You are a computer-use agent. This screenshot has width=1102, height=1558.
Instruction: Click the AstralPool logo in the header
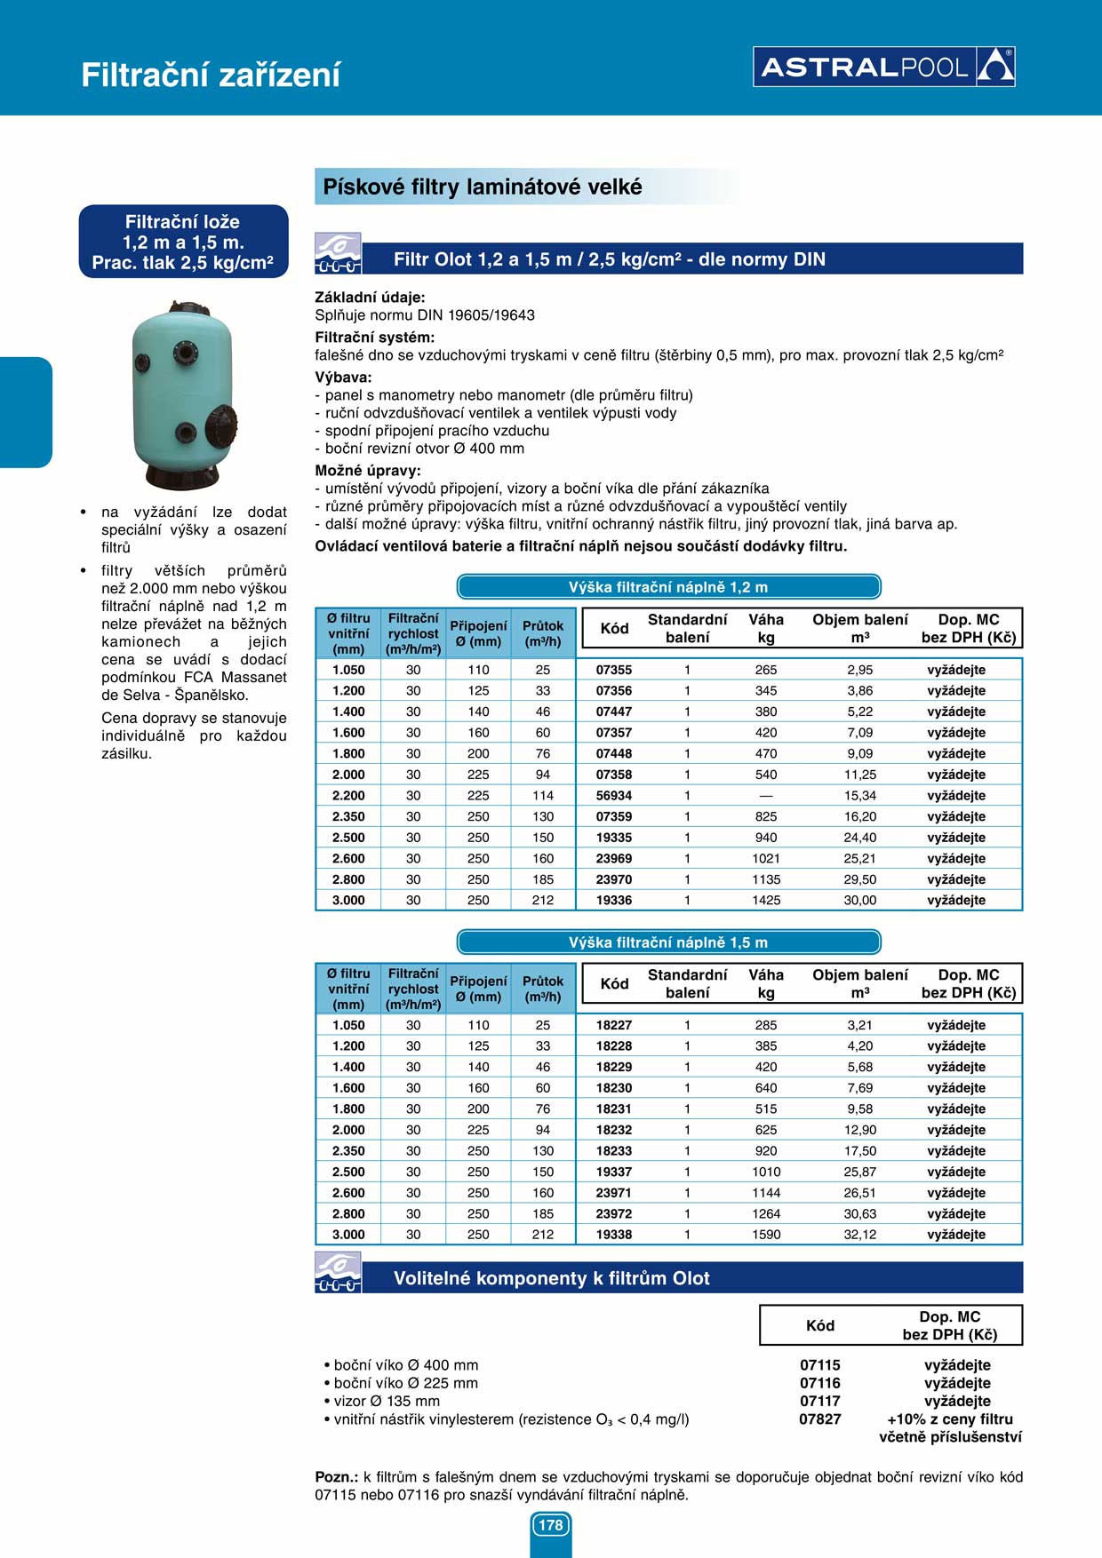click(x=883, y=67)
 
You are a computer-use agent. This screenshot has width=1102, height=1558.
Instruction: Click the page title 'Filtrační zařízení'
click(x=211, y=75)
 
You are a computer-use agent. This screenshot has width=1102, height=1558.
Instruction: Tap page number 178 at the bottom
click(x=551, y=1525)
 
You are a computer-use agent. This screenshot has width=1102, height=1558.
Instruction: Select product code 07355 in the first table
click(x=613, y=670)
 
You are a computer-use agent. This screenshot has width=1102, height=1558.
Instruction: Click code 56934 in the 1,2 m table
click(x=613, y=796)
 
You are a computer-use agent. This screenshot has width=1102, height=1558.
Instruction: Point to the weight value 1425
click(x=766, y=901)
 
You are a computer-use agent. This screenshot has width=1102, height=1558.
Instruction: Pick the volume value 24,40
click(x=859, y=838)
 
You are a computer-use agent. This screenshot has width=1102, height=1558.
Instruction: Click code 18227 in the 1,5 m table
click(x=613, y=1025)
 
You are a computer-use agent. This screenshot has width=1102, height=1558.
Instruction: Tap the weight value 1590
click(x=766, y=1235)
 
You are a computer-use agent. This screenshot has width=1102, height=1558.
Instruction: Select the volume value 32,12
click(x=859, y=1235)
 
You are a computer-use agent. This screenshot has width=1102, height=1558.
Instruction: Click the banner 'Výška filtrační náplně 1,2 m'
click(x=668, y=587)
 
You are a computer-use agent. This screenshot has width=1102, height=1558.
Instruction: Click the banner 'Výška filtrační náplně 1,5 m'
click(x=668, y=942)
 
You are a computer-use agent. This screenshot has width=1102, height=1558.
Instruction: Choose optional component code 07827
click(x=819, y=1419)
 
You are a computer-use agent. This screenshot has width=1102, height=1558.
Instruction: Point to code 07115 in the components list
click(x=819, y=1365)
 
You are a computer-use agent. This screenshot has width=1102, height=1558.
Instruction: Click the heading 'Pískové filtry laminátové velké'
click(x=483, y=187)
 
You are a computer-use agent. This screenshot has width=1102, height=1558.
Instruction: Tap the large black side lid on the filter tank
click(x=222, y=426)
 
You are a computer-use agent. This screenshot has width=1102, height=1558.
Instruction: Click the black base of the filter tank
click(x=182, y=476)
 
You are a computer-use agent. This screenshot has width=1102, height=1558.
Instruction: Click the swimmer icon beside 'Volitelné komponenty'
click(x=338, y=1272)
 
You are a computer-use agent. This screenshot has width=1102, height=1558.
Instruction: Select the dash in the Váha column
click(x=766, y=796)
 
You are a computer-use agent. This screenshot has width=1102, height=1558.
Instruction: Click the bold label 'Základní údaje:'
click(x=370, y=298)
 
